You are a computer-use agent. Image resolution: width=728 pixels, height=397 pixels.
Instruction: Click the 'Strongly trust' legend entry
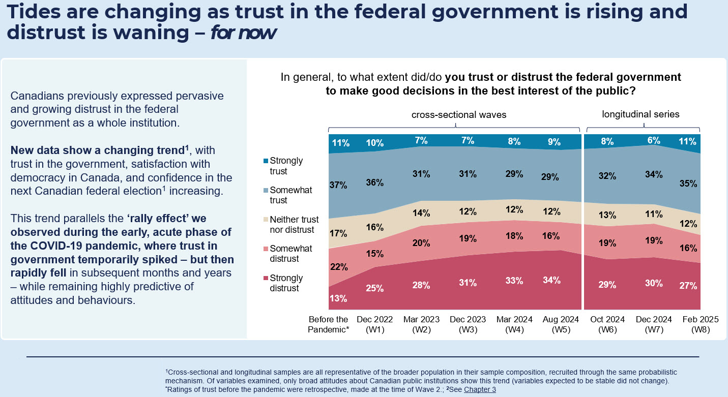pos(286,166)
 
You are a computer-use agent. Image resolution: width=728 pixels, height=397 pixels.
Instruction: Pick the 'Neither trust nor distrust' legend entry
pos(294,224)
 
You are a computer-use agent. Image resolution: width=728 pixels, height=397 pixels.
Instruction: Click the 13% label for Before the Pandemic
pos(338,298)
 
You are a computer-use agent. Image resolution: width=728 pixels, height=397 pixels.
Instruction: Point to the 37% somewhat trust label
pos(338,186)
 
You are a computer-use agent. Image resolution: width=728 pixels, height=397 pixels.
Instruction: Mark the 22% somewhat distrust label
pos(338,267)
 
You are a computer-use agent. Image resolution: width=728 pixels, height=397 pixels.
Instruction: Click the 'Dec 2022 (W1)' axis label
pos(374,324)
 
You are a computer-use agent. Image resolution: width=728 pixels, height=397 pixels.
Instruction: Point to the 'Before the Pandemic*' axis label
pos(329,324)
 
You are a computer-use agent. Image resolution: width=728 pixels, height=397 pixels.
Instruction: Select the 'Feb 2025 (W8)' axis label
pos(700,324)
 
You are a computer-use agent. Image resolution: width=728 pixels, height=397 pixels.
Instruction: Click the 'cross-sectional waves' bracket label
pos(458,114)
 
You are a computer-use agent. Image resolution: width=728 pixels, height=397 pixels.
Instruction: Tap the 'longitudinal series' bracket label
pos(640,114)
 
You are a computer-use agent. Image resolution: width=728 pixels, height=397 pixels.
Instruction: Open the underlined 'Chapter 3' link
pos(479,389)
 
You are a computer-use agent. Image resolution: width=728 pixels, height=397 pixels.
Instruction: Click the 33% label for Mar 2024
pos(514,281)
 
